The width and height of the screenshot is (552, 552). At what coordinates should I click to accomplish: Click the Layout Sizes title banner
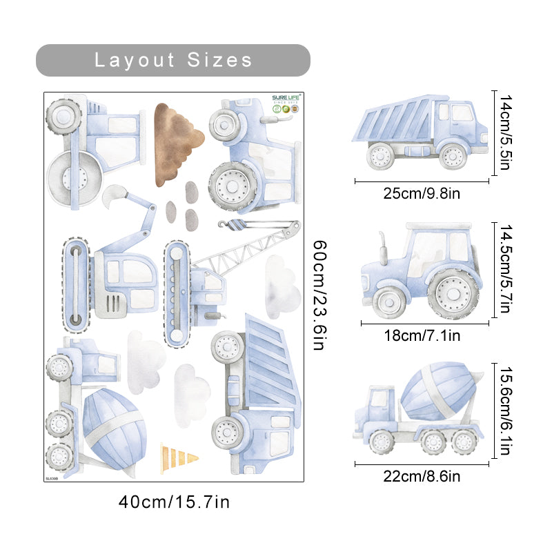point(172,60)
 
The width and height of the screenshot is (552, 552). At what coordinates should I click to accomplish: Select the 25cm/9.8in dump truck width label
point(422,193)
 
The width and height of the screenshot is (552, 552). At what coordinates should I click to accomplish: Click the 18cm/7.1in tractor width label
point(422,336)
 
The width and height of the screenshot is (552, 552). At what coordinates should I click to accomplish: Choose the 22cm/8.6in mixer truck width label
point(422,476)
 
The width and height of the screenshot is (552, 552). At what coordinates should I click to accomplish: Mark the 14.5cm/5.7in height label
point(506,269)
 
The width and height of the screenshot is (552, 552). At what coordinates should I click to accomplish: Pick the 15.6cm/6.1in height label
point(506,411)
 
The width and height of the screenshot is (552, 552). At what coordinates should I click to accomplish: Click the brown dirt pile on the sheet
point(177,143)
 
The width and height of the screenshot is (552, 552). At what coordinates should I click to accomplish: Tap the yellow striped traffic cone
point(178,457)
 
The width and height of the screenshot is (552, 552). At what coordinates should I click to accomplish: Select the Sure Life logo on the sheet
point(284,104)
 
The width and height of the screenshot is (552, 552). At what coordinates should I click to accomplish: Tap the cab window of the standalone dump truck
point(460,112)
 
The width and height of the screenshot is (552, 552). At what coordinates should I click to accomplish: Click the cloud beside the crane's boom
point(283,283)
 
